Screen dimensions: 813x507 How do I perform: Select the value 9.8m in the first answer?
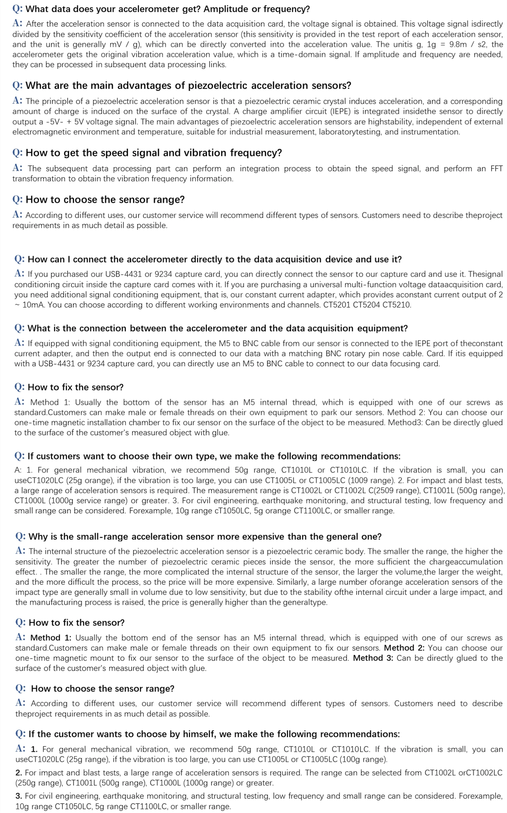[x=461, y=44]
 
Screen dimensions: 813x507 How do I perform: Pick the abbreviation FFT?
[x=496, y=168]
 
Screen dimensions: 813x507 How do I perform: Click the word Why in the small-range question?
[x=37, y=536]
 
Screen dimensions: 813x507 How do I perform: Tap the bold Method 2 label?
[x=404, y=648]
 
